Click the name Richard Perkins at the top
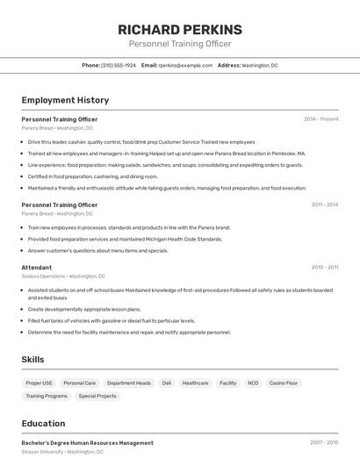coord(180,30)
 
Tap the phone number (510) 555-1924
coord(119,65)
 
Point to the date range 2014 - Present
coord(320,119)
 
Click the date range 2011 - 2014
coord(324,204)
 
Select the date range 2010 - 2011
coord(324,268)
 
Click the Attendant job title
coord(37,268)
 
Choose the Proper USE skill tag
coord(40,383)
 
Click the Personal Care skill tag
coord(80,383)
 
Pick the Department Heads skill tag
coord(129,383)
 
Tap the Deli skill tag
coord(167,383)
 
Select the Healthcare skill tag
coord(195,383)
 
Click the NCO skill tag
coord(253,383)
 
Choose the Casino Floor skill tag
coord(284,383)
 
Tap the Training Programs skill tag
coord(47,396)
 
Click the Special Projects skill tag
coord(97,396)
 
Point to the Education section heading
coord(43,424)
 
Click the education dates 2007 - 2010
coord(324,443)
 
